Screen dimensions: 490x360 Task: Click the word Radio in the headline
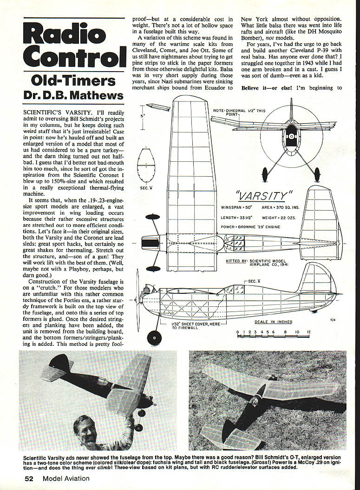tap(65, 36)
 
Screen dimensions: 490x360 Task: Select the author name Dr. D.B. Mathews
tap(73, 96)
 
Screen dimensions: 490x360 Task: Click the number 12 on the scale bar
tap(308, 331)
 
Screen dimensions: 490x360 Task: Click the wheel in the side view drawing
tap(154, 337)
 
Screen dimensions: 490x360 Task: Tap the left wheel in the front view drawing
tap(265, 175)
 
